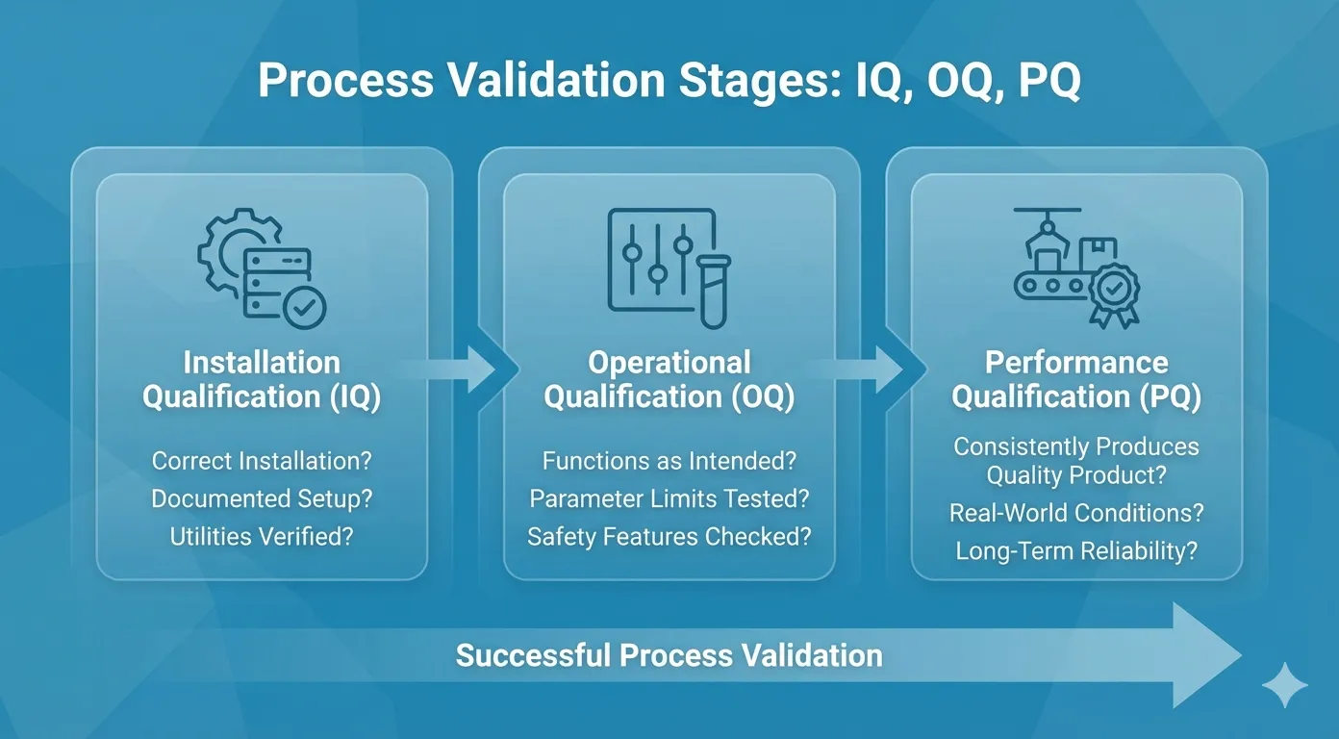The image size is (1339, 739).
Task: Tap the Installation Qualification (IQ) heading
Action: pos(262,379)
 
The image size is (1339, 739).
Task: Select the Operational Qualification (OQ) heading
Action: pos(669,379)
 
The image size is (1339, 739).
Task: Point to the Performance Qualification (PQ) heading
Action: pos(1076,379)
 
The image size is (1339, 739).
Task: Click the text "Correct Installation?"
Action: pos(262,461)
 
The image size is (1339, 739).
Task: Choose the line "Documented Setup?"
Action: pos(262,498)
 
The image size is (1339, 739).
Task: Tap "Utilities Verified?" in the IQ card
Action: pos(262,536)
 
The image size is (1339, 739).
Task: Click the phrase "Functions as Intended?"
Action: pos(669,461)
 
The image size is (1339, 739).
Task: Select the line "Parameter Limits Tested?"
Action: pos(669,498)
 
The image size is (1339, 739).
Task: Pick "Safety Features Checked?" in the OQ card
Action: pos(669,536)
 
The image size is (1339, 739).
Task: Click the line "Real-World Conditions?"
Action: pos(1076,513)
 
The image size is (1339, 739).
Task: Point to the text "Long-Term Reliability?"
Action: pos(1076,551)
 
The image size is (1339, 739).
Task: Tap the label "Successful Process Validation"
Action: pos(669,656)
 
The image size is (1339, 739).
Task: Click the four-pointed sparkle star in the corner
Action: pos(1284,685)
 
